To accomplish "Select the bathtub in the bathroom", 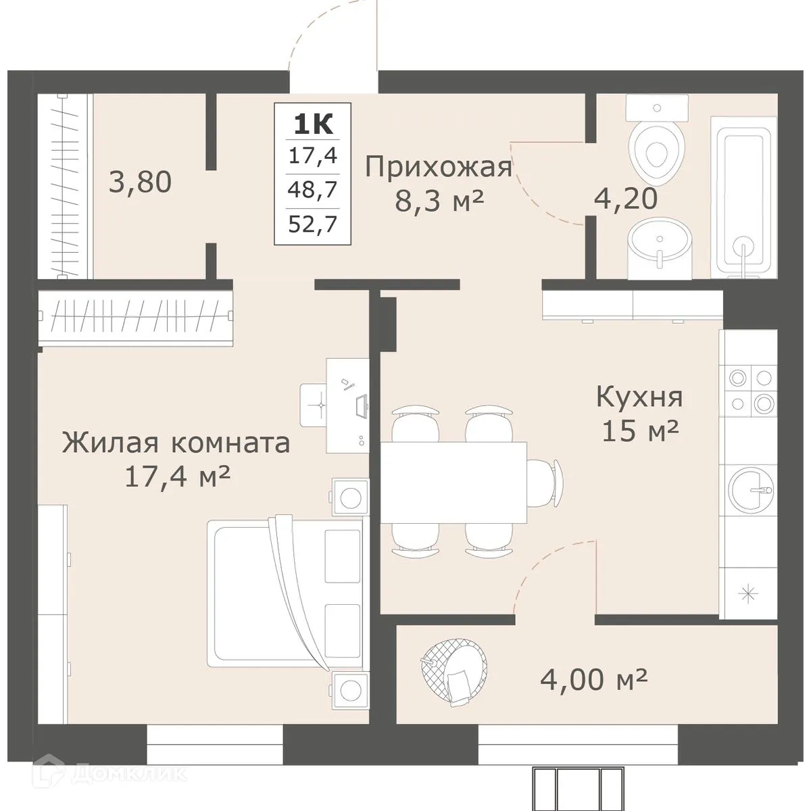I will pos(740,196).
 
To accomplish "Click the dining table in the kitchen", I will pos(453,482).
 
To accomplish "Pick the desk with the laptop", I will pos(348,405).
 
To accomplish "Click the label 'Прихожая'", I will pos(439,166).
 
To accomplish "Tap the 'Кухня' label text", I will pos(639,397).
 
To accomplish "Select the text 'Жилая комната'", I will pos(176,443).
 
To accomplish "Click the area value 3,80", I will pos(141,182).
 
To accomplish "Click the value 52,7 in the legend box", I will pos(312,222).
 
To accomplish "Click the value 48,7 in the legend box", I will pos(312,190).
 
